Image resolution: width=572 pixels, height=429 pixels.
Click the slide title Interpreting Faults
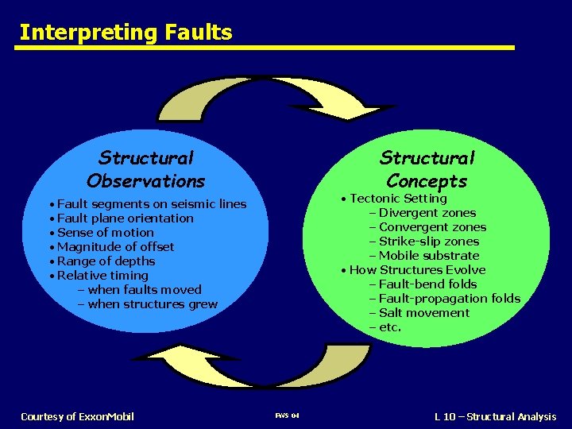click(x=126, y=33)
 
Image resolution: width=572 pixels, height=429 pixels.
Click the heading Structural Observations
click(x=146, y=169)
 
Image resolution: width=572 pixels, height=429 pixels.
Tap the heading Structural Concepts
click(x=427, y=169)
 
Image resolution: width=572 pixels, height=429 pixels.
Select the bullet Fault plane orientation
click(x=125, y=218)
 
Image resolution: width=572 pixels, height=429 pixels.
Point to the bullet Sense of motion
click(x=105, y=233)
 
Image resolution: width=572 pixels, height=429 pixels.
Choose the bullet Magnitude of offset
click(x=115, y=247)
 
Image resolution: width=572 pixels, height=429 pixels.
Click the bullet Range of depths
click(x=106, y=261)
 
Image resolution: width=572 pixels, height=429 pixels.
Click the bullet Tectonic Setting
click(x=398, y=199)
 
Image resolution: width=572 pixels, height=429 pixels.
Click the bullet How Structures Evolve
click(x=417, y=270)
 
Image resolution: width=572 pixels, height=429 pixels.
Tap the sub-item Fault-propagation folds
click(x=445, y=299)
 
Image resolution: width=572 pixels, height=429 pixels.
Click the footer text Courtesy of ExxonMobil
click(x=77, y=416)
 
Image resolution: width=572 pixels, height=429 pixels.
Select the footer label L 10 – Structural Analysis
click(x=495, y=416)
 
